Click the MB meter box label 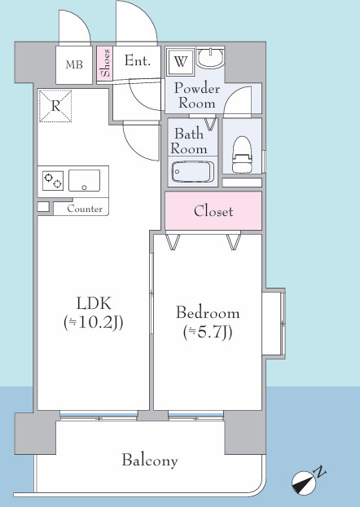[x=74, y=64]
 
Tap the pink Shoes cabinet [x=105, y=64]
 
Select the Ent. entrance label [x=138, y=60]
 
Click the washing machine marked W [x=180, y=61]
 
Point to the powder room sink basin [x=210, y=58]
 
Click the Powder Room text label [x=197, y=95]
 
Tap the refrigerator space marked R [x=55, y=106]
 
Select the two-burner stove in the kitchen [x=53, y=180]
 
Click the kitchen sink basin [x=85, y=180]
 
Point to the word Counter [x=85, y=209]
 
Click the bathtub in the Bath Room [x=193, y=172]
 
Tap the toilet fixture [x=242, y=154]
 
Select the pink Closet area [x=213, y=211]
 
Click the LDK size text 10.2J [x=94, y=323]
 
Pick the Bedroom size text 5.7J [x=208, y=332]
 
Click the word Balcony [x=150, y=461]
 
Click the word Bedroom [x=208, y=313]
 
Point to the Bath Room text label [x=189, y=141]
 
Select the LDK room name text [x=94, y=303]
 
